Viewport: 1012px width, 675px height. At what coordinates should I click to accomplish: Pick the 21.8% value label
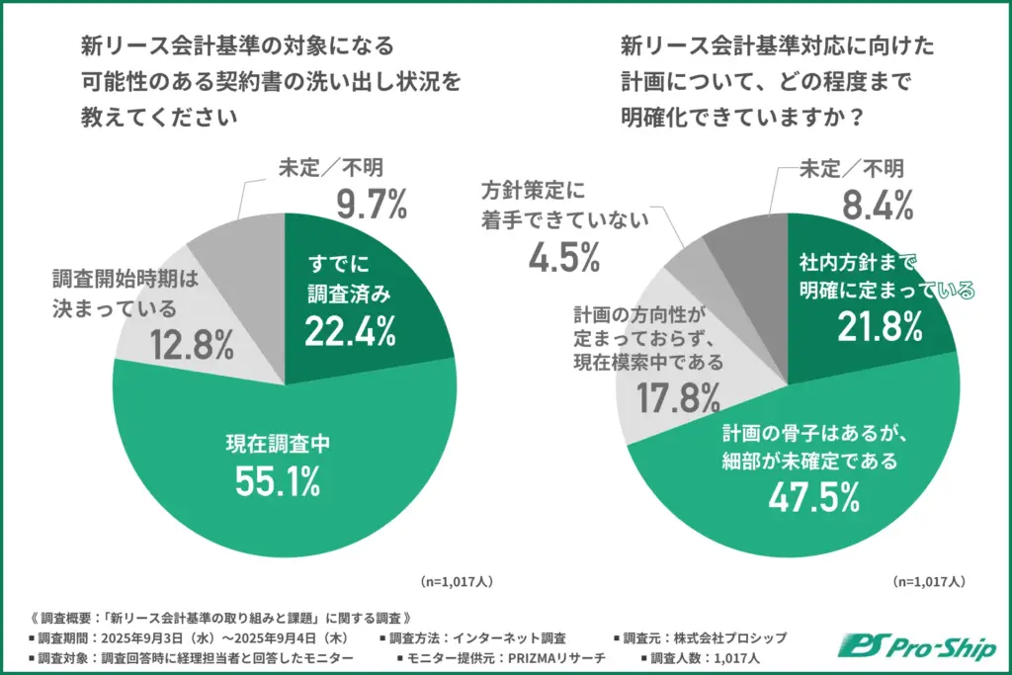pyautogui.click(x=879, y=326)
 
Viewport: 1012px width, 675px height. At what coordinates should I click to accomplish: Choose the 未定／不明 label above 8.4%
pyautogui.click(x=851, y=169)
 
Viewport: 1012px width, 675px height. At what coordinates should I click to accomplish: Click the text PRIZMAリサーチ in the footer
pyautogui.click(x=558, y=656)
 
